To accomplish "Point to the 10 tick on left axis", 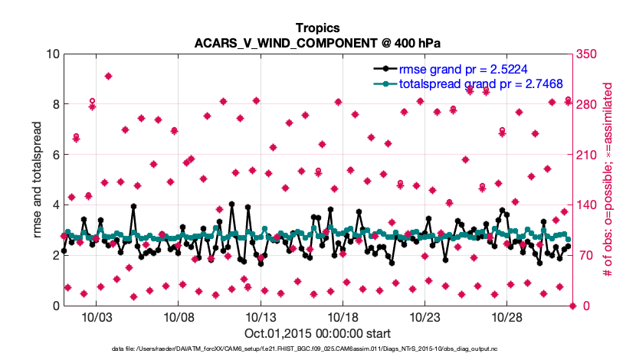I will (x=53, y=54).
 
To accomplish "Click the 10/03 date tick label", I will (x=97, y=317).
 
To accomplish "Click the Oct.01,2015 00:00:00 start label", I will (x=317, y=333).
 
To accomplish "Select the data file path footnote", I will (x=317, y=349).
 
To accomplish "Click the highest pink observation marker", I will (x=109, y=76).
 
